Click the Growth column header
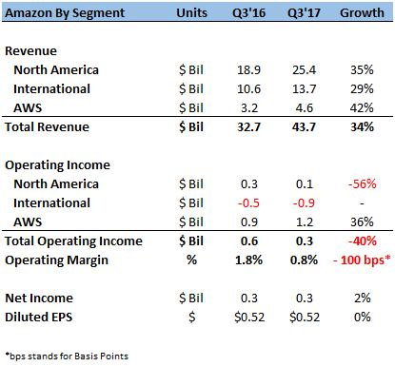362,13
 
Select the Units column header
191,13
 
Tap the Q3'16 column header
248,13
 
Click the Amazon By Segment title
65,13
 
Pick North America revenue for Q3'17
304,70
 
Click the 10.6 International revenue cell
248,89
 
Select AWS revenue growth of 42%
362,108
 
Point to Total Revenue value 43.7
304,127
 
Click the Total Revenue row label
47,127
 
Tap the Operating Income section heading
57,165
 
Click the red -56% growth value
363,184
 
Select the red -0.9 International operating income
304,203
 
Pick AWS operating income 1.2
305,222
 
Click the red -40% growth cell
363,241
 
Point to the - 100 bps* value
362,260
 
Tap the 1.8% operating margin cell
248,260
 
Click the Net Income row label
39,299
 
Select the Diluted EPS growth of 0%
363,318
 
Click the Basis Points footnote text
67,356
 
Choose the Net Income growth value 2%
363,299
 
